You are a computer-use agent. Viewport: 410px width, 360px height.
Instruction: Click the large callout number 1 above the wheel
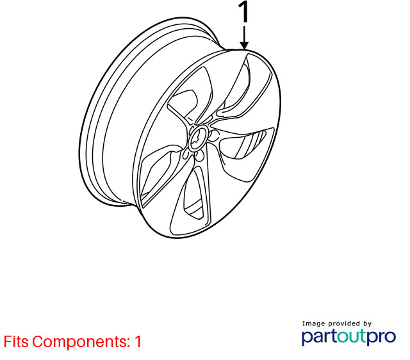point(243,12)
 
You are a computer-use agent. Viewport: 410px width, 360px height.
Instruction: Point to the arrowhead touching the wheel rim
point(244,45)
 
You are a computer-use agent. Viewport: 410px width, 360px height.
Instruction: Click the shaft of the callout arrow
point(244,34)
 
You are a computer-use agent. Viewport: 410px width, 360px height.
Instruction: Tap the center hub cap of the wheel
point(199,138)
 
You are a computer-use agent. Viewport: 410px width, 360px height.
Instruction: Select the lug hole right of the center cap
point(215,136)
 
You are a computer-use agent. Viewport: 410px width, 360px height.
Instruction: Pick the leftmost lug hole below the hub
point(186,154)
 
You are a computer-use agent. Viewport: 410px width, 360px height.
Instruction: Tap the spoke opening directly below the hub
point(193,193)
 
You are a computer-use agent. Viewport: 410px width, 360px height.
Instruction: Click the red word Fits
point(16,341)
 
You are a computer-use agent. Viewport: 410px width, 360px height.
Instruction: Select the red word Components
point(81,342)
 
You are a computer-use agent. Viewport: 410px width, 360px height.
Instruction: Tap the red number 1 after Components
point(138,341)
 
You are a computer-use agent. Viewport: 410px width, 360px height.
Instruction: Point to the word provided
point(345,324)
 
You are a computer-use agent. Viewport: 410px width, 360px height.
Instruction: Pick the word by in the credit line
point(368,324)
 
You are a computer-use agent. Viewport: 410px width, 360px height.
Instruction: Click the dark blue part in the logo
point(319,337)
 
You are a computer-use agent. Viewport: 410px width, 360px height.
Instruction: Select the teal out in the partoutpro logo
point(351,336)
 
